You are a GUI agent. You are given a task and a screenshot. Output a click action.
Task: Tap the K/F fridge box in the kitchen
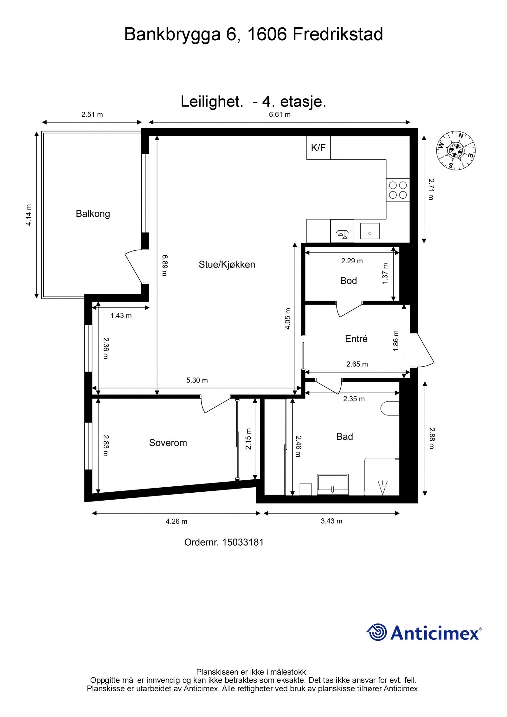318,148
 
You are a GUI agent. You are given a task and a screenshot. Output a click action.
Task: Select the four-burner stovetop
398,190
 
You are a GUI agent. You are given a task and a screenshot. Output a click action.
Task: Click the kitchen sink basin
369,231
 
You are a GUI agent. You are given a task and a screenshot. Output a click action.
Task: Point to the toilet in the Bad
389,408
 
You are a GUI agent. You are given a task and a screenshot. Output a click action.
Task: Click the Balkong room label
93,214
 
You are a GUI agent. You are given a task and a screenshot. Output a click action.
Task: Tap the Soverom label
168,443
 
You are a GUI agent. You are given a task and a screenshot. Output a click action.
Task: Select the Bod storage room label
349,281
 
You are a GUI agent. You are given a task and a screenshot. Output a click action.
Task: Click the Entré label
356,339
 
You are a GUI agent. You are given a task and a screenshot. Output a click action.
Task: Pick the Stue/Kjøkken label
227,264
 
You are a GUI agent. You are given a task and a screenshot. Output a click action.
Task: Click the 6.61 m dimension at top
280,114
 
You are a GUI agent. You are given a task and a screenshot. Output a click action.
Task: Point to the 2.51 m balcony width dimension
92,114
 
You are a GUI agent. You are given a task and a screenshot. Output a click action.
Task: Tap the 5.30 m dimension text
197,380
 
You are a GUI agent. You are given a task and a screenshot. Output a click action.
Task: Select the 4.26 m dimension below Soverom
176,521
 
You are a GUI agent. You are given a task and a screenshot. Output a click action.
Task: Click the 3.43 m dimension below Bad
331,521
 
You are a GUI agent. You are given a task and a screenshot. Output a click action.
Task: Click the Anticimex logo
424,633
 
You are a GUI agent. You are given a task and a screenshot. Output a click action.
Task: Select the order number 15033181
243,542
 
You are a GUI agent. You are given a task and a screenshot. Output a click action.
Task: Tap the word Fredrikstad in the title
337,34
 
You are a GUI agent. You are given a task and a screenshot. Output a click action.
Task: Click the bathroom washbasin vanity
333,485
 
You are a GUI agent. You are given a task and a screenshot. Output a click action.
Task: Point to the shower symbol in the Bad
383,488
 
